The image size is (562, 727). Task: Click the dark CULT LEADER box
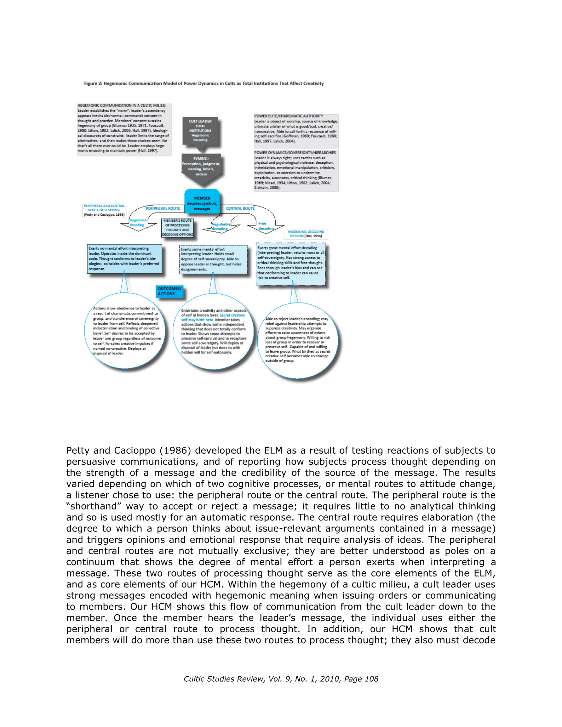tap(200, 130)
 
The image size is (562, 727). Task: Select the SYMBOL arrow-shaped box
tap(201, 167)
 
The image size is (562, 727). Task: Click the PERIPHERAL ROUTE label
tap(163, 208)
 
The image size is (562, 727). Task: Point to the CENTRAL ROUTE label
tap(240, 208)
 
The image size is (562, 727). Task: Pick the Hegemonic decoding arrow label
tap(138, 222)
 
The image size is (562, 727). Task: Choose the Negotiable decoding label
tap(221, 226)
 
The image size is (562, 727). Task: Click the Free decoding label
tap(266, 226)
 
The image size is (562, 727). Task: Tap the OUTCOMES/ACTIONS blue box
tap(169, 291)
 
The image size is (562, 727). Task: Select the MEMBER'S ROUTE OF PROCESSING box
tap(177, 228)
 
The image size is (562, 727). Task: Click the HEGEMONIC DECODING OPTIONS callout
tap(306, 234)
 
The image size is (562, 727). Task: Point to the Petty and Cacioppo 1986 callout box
tap(104, 210)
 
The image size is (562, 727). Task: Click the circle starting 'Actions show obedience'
tap(125, 331)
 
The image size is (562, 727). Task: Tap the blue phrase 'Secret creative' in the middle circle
tap(232, 315)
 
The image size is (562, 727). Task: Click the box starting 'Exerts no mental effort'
tap(124, 258)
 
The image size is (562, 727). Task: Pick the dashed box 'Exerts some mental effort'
tap(213, 259)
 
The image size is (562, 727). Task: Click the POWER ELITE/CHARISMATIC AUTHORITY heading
tap(289, 116)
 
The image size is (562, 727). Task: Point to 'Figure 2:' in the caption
tap(93, 83)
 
